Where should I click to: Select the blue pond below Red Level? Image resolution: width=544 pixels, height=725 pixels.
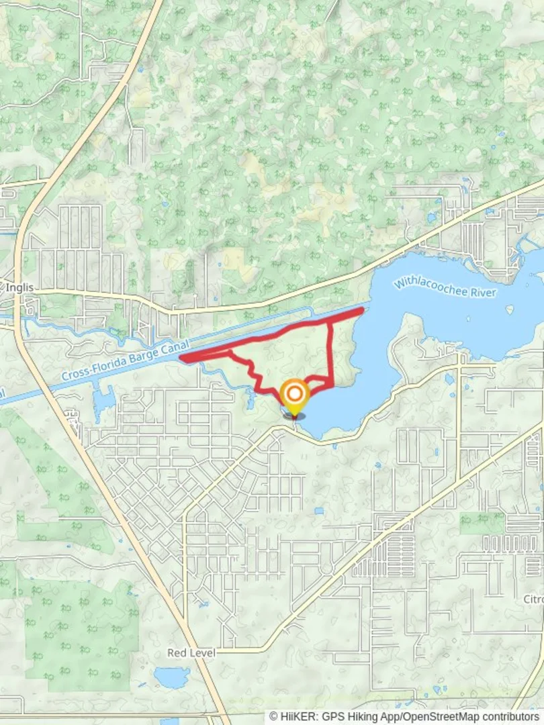click(172, 677)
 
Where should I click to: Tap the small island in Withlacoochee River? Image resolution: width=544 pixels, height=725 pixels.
click(510, 310)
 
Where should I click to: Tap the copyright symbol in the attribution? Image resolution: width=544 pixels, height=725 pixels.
click(273, 717)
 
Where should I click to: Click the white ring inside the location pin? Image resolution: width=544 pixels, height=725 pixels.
click(293, 393)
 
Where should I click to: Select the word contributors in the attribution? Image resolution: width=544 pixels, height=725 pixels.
click(508, 717)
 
